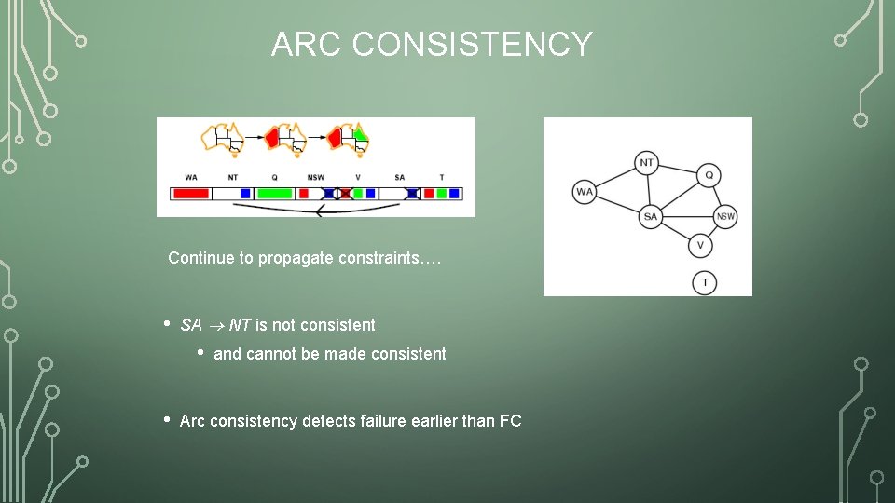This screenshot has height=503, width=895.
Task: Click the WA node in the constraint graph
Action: [585, 193]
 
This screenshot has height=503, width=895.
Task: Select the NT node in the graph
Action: [647, 162]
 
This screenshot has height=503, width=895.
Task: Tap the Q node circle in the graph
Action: [709, 175]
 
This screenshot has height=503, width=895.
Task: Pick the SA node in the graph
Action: [651, 217]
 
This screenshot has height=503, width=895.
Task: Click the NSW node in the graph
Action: [725, 217]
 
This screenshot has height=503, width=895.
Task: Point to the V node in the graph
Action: [700, 246]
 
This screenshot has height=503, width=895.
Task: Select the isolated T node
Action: [705, 282]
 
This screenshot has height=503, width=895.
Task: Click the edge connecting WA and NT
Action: [615, 178]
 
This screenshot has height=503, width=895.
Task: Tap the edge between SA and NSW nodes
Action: [688, 217]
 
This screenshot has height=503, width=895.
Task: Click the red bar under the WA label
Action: [190, 194]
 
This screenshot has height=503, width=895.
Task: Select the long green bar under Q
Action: [274, 194]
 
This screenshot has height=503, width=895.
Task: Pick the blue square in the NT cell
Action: [245, 194]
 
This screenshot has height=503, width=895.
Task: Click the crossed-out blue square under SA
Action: [413, 194]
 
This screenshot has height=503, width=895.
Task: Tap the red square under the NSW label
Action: [303, 194]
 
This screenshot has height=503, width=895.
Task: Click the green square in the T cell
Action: [442, 194]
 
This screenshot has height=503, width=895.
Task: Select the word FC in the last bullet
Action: [511, 421]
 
